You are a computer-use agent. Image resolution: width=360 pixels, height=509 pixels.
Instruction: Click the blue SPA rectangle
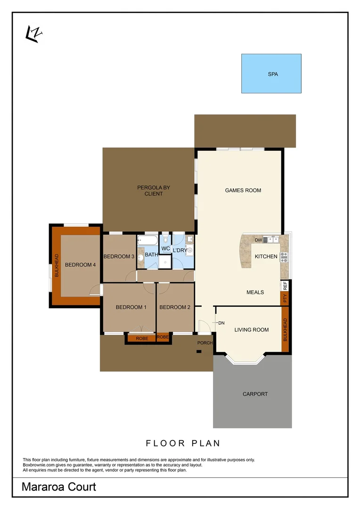tap(271, 74)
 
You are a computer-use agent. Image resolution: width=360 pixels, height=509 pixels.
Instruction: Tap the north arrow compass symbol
tap(33, 34)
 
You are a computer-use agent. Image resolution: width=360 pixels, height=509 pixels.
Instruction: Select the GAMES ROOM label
tap(243, 190)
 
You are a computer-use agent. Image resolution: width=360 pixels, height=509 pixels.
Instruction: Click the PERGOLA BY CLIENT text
tap(153, 190)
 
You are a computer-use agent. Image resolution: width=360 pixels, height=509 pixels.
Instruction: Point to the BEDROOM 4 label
tap(80, 265)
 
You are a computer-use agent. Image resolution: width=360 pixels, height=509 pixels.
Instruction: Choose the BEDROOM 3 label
tap(119, 256)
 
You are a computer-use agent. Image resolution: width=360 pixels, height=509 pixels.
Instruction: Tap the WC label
tap(165, 248)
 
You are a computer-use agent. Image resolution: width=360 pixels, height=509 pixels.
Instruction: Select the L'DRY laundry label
tap(180, 250)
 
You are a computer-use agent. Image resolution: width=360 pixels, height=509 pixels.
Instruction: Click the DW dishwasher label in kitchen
tap(258, 240)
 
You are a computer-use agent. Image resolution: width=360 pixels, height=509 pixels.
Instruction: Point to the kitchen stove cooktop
tap(284, 257)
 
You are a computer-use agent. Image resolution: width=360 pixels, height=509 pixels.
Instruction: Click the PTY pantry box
tap(285, 298)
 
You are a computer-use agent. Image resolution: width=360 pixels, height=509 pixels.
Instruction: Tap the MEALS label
tap(255, 292)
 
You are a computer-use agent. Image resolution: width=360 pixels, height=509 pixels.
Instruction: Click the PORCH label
tap(205, 343)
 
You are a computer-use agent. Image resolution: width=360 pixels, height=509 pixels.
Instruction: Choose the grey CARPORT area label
tap(255, 394)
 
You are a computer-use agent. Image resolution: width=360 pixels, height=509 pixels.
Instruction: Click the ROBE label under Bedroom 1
tap(142, 338)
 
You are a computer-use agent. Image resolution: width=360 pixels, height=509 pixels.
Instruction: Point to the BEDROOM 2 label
tap(175, 307)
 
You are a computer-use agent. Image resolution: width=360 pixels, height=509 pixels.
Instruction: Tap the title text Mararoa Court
tap(59, 487)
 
